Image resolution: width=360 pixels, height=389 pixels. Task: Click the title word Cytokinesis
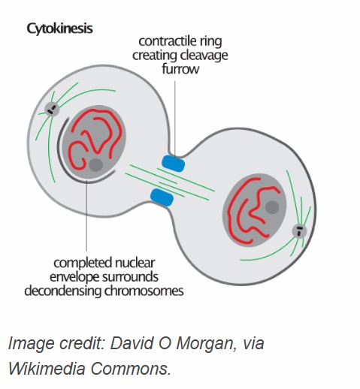[59, 29]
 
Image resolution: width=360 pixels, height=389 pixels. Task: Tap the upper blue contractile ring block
[174, 164]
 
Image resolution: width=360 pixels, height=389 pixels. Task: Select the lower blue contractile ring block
[162, 198]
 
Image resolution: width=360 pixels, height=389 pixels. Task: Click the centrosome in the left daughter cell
[52, 110]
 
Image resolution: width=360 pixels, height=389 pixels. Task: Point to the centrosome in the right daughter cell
[299, 231]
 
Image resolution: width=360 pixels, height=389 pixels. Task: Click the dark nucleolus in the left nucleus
[96, 165]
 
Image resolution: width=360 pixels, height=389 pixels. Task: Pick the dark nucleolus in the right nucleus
[272, 207]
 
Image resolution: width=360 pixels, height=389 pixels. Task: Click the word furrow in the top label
[180, 69]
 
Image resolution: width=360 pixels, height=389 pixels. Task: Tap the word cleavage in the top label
[204, 56]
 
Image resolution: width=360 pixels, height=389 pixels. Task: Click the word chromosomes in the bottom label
[144, 291]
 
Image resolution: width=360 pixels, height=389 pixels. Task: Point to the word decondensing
[63, 291]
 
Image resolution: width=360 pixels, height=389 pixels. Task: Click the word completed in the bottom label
[83, 264]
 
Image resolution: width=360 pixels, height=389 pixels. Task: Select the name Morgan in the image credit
[206, 343]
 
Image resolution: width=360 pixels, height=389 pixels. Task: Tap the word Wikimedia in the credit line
[47, 368]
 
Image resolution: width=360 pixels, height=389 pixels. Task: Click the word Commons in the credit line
[131, 369]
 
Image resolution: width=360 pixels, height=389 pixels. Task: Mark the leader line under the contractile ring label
[175, 117]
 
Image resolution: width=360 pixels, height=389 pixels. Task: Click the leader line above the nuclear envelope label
[86, 216]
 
